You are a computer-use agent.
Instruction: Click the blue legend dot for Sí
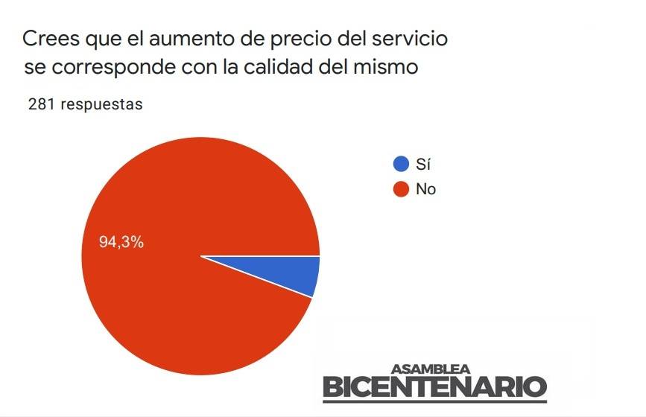tap(401, 165)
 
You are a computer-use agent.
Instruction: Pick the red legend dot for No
tap(401, 189)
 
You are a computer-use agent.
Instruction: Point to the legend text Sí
tap(424, 165)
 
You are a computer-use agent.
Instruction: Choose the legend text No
tap(425, 189)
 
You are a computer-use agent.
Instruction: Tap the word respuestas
tap(101, 105)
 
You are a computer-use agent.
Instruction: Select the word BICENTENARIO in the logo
tap(434, 387)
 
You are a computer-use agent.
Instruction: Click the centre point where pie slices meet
tap(201, 256)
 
